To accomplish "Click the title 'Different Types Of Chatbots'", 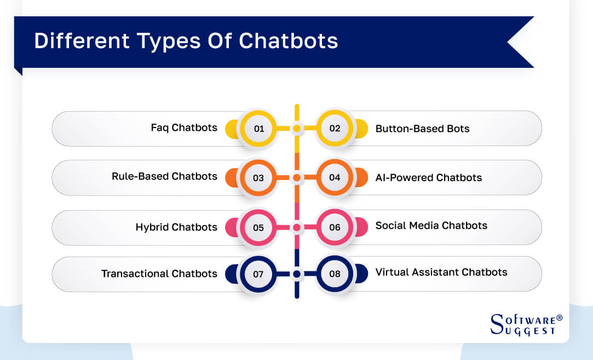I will pos(186,42).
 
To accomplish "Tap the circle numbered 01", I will pos(259,129).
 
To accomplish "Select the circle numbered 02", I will pos(335,129).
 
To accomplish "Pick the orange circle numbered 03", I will pos(259,178).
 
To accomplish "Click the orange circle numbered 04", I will pos(335,178).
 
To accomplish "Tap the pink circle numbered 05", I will pos(259,227).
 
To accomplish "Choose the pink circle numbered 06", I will pos(335,227).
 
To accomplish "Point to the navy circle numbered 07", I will pos(259,274).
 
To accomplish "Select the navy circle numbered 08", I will pos(335,274).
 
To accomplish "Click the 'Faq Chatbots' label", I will pos(184,128).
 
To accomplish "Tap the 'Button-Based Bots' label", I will pos(422,129).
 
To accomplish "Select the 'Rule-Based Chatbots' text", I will pos(164,177).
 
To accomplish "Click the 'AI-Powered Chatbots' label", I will pos(428,178).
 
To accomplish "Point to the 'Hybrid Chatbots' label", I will pos(176,227).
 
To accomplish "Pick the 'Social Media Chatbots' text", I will pos(431,225).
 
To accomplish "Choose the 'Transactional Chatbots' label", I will pos(159,274).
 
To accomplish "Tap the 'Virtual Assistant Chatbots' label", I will pos(441,272).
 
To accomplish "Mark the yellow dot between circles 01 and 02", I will pos(297,129).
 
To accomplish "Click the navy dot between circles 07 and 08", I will pos(297,274).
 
